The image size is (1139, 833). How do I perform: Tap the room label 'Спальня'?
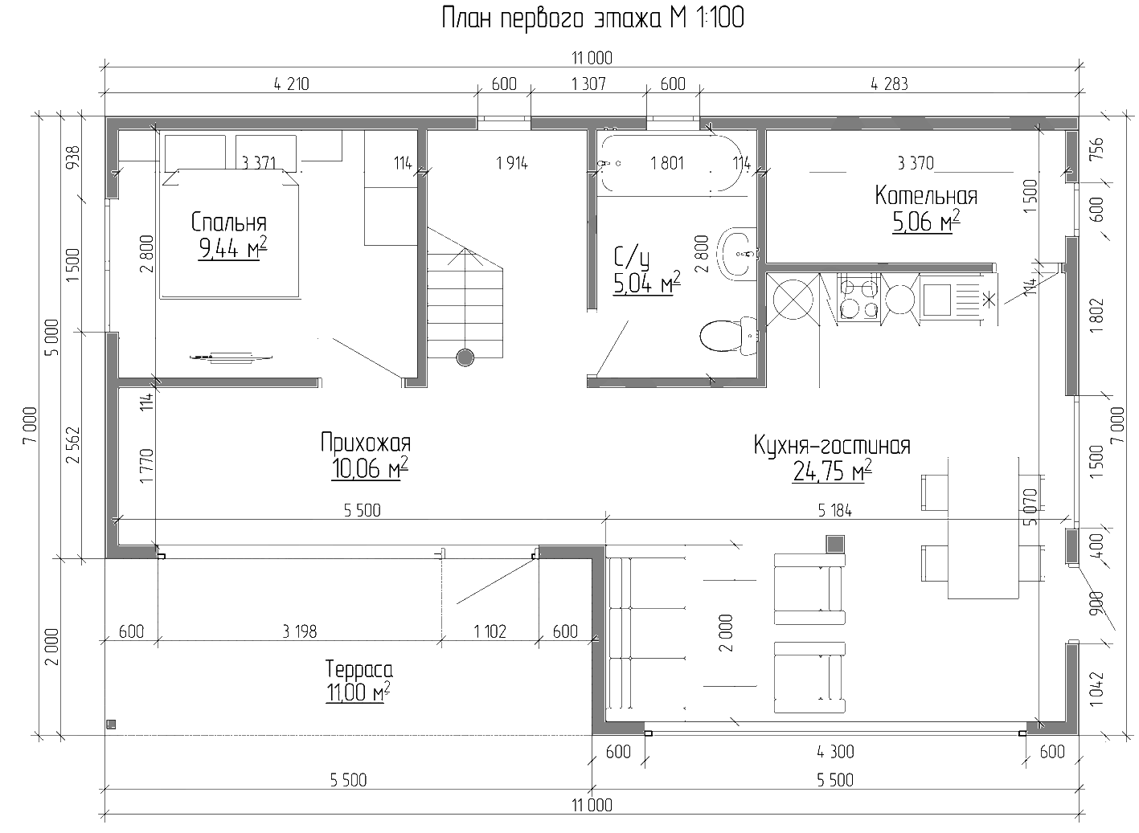tap(228, 222)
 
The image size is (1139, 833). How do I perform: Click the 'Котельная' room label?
tap(926, 196)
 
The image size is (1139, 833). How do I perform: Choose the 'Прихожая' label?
tap(365, 443)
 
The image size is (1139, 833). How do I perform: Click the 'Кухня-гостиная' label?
tap(831, 445)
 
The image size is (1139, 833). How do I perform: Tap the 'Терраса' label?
tap(358, 669)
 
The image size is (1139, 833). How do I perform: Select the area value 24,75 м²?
tap(831, 472)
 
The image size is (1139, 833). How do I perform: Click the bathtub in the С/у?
tap(671, 164)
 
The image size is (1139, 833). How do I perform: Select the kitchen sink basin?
tap(937, 300)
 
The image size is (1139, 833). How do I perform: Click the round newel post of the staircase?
tap(465, 357)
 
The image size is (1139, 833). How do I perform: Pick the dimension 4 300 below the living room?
tap(834, 753)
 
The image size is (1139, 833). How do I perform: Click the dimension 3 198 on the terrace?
tap(299, 631)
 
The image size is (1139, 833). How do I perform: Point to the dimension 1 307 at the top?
tap(588, 84)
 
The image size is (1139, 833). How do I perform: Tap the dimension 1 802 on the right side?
tap(1098, 316)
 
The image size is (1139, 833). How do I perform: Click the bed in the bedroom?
tap(231, 233)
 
